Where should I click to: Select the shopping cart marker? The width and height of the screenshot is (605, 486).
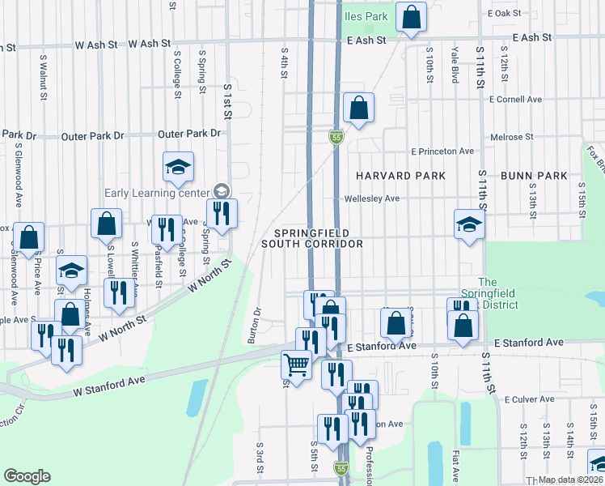click(297, 366)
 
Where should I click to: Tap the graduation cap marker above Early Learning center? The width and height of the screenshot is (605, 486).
click(178, 168)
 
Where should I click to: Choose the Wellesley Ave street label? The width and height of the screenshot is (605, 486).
click(372, 198)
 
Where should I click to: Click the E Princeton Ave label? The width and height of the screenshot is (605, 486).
click(442, 151)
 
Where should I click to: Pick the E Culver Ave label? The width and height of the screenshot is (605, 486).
click(534, 399)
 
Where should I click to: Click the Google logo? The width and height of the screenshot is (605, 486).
click(27, 476)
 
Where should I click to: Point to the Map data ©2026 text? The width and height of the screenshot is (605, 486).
click(570, 480)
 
